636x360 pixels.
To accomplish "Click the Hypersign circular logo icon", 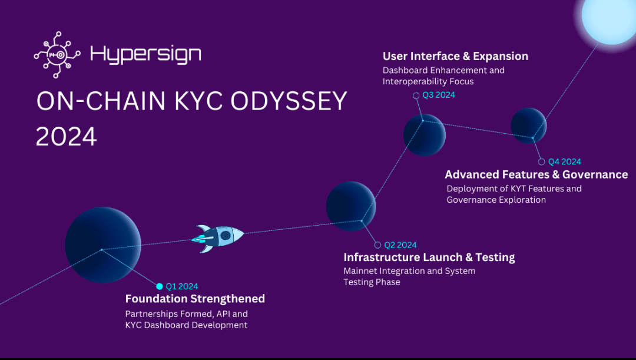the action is [57, 54].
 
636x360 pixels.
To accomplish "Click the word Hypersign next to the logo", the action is [145, 54].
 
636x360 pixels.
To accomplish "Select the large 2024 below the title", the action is [67, 136].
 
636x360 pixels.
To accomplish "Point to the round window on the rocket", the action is [226, 235].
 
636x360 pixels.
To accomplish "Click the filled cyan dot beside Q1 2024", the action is [160, 286].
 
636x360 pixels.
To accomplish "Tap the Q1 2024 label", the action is [182, 286].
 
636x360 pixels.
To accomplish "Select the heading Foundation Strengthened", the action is [195, 299].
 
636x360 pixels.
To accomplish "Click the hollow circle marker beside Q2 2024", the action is [377, 245].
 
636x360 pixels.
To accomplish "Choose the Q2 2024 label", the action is [400, 245].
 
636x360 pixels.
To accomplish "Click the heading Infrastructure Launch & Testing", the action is [429, 257].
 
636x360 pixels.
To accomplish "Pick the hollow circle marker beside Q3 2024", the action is [416, 96].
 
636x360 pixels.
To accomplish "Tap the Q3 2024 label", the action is [439, 95].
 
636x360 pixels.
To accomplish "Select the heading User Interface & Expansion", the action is [455, 56].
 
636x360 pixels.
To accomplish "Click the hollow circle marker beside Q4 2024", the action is [542, 162].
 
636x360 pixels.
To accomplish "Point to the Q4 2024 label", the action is [565, 161].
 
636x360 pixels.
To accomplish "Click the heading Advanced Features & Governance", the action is [536, 174].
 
